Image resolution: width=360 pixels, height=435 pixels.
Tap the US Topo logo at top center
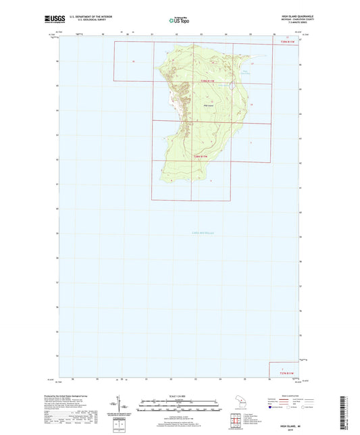(x=178, y=21)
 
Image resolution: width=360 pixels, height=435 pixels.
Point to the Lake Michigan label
(x=195, y=232)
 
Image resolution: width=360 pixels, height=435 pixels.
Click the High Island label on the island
(x=209, y=105)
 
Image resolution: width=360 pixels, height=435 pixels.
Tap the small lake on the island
(x=232, y=86)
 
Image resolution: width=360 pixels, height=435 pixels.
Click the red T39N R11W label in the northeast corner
(x=286, y=42)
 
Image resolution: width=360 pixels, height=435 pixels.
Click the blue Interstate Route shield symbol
(x=271, y=407)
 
